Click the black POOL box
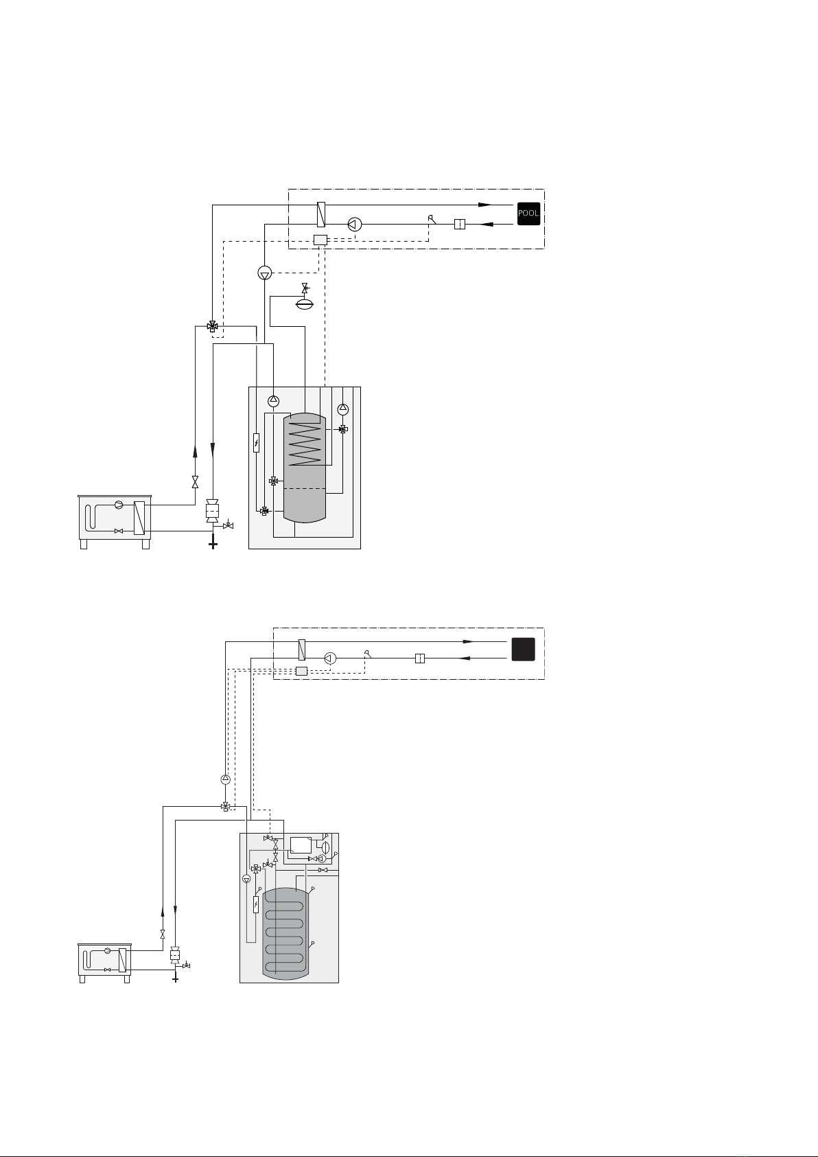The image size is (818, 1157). click(528, 214)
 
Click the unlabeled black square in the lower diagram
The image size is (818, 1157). click(523, 650)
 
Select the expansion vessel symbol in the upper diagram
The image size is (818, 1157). click(305, 303)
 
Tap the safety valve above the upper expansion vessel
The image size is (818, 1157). click(305, 288)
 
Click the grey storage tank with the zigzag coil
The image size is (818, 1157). click(305, 468)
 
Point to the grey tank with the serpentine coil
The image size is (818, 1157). click(285, 933)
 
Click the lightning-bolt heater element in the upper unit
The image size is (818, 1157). click(256, 443)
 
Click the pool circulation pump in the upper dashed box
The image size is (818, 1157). click(355, 224)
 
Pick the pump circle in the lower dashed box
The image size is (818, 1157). click(330, 658)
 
